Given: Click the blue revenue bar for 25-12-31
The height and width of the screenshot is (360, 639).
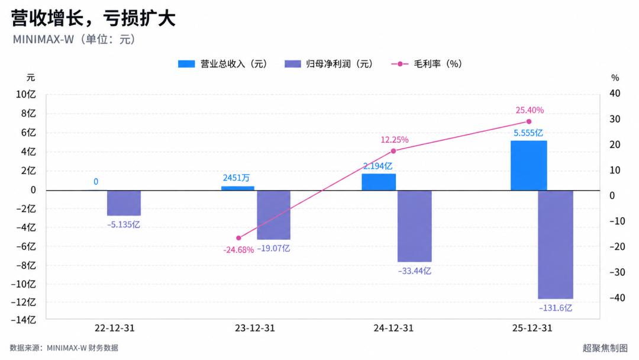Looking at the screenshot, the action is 528,166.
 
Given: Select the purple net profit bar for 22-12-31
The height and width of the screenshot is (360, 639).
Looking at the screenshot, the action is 124,203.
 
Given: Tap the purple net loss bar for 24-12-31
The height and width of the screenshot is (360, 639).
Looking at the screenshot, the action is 414,226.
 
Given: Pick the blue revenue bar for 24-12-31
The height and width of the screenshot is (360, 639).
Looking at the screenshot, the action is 379,182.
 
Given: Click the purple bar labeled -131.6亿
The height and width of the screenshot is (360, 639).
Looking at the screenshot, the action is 556,245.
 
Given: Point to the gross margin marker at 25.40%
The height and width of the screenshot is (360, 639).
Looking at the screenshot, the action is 529,121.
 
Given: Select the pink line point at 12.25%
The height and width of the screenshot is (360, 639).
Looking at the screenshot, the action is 393,151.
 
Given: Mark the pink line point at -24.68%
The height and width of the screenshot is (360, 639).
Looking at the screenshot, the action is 239,238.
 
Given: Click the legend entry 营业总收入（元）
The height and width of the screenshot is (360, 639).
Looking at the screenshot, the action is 222,64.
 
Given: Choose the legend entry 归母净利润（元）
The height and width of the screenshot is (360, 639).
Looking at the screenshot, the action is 328,64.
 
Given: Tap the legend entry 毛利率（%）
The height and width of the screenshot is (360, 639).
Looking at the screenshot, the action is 426,64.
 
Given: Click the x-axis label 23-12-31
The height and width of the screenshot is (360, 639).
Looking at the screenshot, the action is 254,328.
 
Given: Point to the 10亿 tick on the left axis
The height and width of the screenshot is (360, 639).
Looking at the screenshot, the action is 25,95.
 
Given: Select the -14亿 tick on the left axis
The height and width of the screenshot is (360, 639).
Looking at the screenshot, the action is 23,320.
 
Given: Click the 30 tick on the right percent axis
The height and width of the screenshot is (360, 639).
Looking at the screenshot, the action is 615,119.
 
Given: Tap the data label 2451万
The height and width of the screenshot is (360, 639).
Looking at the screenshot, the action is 236,178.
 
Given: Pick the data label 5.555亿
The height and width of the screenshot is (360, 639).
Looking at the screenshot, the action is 528,133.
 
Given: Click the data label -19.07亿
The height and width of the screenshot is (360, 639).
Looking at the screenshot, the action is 273,248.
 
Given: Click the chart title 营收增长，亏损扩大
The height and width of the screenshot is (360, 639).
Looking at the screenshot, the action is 93,18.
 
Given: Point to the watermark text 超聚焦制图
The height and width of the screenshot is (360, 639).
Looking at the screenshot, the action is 605,348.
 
